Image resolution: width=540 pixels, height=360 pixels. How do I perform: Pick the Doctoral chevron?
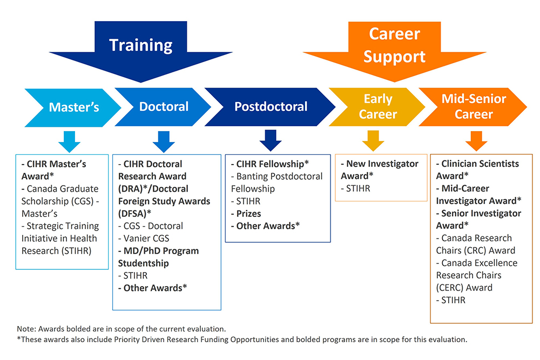click(164, 107)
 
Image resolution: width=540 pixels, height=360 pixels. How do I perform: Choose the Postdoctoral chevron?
click(271, 107)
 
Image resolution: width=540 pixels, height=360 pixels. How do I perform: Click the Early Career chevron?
click(378, 107)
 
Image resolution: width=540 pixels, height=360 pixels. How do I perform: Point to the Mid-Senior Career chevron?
click(474, 107)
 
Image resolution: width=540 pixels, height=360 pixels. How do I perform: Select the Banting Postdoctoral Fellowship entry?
click(276, 182)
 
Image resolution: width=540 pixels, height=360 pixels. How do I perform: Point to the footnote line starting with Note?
click(121, 329)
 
